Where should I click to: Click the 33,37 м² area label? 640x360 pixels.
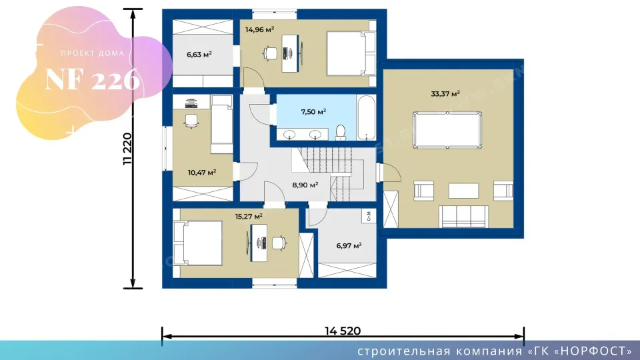pyautogui.click(x=445, y=94)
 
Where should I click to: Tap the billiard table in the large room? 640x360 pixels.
pyautogui.click(x=447, y=130)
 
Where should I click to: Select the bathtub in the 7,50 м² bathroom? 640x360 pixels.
pyautogui.click(x=366, y=118)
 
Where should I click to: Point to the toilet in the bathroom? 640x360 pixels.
pyautogui.click(x=340, y=133)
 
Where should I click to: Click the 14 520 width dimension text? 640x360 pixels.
pyautogui.click(x=343, y=331)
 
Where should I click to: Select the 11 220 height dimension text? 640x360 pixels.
pyautogui.click(x=128, y=149)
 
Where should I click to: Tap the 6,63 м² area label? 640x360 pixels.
pyautogui.click(x=199, y=54)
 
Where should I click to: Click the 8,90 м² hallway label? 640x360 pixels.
pyautogui.click(x=305, y=185)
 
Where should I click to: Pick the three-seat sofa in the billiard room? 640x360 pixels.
pyautogui.click(x=463, y=216)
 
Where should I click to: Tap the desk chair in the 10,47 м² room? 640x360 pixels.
pyautogui.click(x=191, y=121)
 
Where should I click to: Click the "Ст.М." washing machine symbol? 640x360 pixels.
pyautogui.click(x=369, y=215)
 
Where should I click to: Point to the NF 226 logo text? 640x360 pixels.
pyautogui.click(x=93, y=79)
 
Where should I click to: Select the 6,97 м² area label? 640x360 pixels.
pyautogui.click(x=349, y=246)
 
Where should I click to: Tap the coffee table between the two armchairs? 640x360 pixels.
pyautogui.click(x=463, y=191)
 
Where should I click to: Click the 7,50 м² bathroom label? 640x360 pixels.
pyautogui.click(x=313, y=112)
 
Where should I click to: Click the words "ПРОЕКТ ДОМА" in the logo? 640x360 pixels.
pyautogui.click(x=93, y=53)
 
